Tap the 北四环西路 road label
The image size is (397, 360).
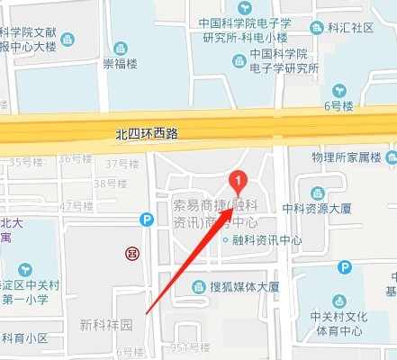click(148, 134)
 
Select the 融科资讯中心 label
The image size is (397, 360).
click(266, 240)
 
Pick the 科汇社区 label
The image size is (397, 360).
click(350, 28)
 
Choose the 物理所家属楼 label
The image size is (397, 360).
click(347, 158)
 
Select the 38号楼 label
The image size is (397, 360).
click(116, 184)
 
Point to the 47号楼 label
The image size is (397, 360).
click(77, 206)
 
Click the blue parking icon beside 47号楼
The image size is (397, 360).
click(147, 220)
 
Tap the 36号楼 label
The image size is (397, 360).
click(77, 158)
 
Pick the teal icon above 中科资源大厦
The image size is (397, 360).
click(318, 191)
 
